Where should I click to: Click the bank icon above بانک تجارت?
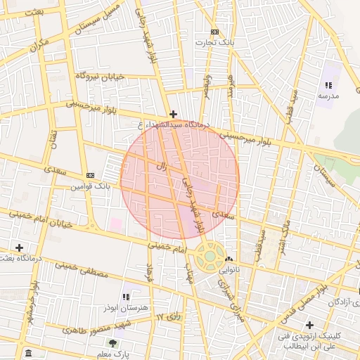click(214, 32)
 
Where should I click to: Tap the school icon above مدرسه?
click(328, 85)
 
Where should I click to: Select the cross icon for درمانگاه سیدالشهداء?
click(173, 114)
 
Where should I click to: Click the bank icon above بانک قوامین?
click(90, 175)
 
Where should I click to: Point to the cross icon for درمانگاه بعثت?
click(19, 247)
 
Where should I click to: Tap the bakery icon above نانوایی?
click(229, 259)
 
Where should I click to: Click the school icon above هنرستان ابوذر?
click(127, 297)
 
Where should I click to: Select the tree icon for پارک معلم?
click(112, 343)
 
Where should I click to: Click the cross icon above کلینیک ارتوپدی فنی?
click(309, 324)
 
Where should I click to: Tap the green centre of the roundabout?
click(210, 257)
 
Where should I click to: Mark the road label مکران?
click(40, 46)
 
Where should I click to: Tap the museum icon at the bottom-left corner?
click(27, 353)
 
